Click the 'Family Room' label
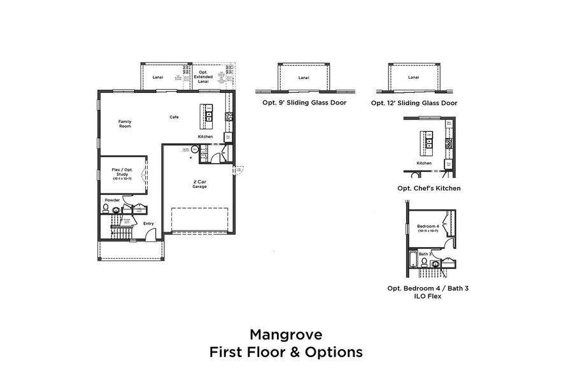pos(125,124)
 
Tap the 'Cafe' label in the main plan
pos(173,117)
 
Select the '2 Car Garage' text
pos(199,183)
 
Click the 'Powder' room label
pos(112,200)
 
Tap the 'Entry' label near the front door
pos(148,223)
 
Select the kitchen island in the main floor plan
pos(206,112)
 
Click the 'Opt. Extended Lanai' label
pos(204,77)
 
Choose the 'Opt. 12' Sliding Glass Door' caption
pos(414,103)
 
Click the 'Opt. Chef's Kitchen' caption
pos(428,188)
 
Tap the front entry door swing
pos(149,236)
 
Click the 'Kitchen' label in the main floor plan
pos(205,137)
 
